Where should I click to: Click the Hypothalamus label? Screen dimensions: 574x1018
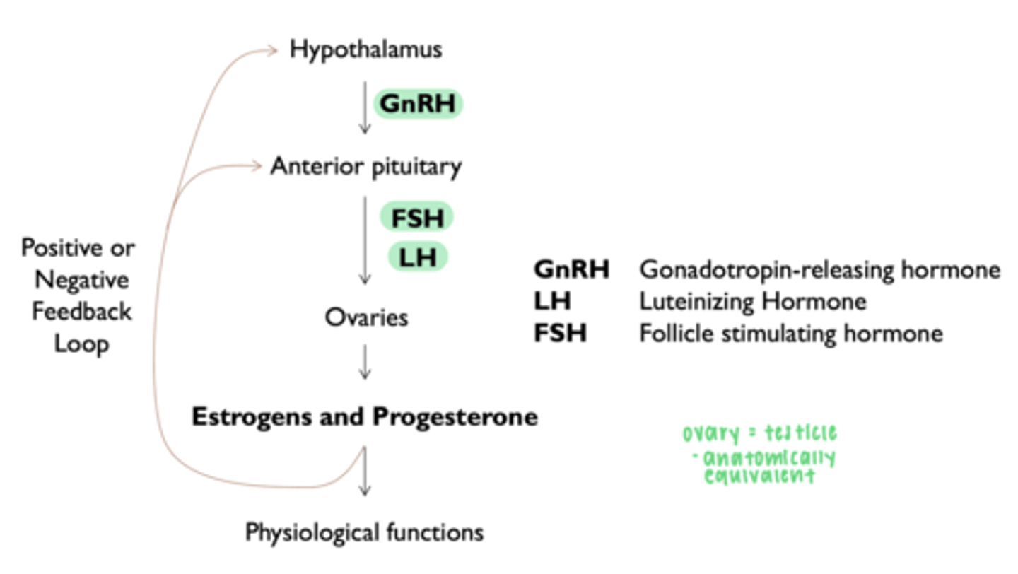pyautogui.click(x=365, y=50)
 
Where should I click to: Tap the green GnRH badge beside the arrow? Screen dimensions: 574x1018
pyautogui.click(x=418, y=104)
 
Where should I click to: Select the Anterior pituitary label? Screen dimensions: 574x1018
pyautogui.click(x=365, y=167)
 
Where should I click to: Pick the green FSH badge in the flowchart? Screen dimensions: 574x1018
pyautogui.click(x=416, y=218)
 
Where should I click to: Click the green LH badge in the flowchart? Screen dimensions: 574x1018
pyautogui.click(x=417, y=257)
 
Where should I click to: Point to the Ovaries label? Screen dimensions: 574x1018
pyautogui.click(x=366, y=317)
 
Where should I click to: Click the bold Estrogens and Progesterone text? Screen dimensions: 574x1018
pyautogui.click(x=365, y=417)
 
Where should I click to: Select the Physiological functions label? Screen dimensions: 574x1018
pyautogui.click(x=364, y=532)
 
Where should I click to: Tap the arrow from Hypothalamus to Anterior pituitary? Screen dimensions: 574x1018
pyautogui.click(x=365, y=107)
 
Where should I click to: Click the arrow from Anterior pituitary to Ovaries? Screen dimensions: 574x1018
pyautogui.click(x=365, y=240)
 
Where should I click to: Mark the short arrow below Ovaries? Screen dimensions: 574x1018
pyautogui.click(x=365, y=363)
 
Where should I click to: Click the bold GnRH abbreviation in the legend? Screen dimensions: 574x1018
pyautogui.click(x=572, y=269)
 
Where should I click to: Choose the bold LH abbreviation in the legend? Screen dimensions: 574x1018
pyautogui.click(x=552, y=301)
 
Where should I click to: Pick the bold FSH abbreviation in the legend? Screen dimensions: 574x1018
pyautogui.click(x=560, y=333)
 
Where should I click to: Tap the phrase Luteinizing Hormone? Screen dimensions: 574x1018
pyautogui.click(x=753, y=301)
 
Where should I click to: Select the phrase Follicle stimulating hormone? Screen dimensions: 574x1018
pyautogui.click(x=791, y=333)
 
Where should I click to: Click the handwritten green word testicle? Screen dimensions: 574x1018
pyautogui.click(x=802, y=433)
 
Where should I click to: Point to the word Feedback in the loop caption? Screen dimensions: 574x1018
pyautogui.click(x=81, y=312)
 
